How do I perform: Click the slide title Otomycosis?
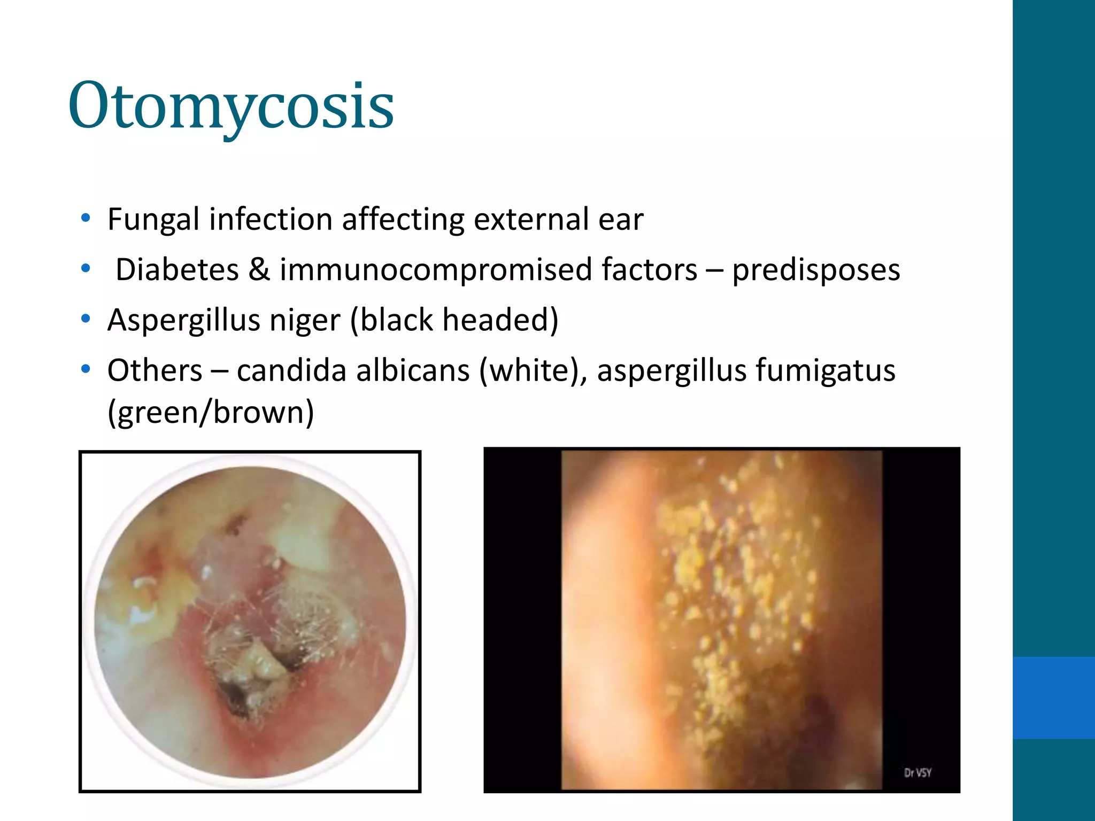tap(231, 106)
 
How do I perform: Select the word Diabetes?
tap(177, 269)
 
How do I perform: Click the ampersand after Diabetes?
tap(259, 269)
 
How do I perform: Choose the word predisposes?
tap(816, 270)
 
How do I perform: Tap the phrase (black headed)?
tap(454, 321)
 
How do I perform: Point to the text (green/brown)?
tap(211, 413)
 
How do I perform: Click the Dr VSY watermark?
tap(917, 772)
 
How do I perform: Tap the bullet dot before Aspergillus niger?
tap(85, 319)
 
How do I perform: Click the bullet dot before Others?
tap(85, 369)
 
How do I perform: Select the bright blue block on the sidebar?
tap(1053, 698)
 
